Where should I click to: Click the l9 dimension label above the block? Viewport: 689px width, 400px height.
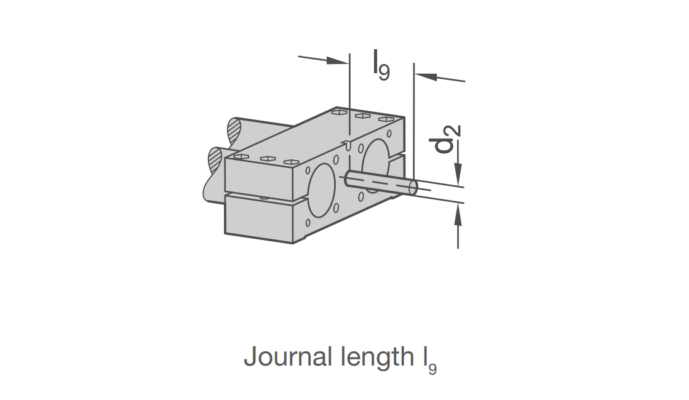(381, 65)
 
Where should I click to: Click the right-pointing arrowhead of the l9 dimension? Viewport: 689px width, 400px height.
(338, 60)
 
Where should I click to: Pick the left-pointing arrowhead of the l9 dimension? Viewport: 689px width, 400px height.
(425, 76)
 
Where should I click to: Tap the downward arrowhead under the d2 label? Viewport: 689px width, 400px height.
(458, 174)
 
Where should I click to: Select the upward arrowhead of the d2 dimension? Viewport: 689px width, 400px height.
(458, 215)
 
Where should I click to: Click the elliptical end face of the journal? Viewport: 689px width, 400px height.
(413, 188)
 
